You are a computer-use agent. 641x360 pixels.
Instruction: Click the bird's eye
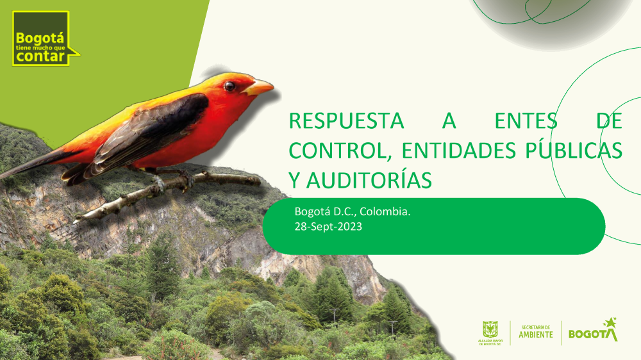[x=229, y=86]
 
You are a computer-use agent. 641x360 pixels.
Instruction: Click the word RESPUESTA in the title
[x=346, y=121]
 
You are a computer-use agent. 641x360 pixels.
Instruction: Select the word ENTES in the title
[x=526, y=121]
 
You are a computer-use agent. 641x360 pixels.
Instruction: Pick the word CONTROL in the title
[x=337, y=151]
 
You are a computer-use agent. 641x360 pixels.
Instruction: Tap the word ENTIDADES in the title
[x=459, y=151]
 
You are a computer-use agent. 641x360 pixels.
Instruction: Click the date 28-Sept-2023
[x=328, y=226]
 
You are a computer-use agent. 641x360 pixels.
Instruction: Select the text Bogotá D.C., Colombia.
[x=353, y=211]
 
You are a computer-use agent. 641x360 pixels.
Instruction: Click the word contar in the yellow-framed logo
[x=40, y=56]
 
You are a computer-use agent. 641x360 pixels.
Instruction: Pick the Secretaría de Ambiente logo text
[x=535, y=332]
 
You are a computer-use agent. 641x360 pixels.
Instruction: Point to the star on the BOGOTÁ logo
[x=610, y=322]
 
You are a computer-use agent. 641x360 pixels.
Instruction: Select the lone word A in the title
[x=449, y=121]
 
